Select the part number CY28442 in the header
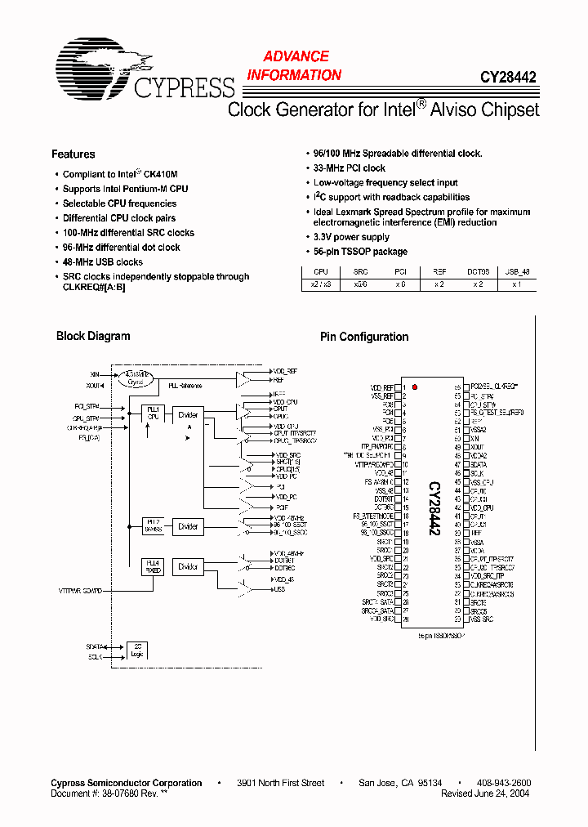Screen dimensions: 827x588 pos(507,78)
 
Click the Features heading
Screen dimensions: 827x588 pos(73,154)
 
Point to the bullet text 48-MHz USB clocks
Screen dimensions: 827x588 pos(102,262)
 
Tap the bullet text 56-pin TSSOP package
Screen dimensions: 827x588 pos(360,252)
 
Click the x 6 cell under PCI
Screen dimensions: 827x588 pos(400,284)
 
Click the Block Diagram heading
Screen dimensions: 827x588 pos(93,336)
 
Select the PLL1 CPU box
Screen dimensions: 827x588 pos(152,413)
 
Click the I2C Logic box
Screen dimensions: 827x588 pos(136,650)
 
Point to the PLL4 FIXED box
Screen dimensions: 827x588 pos(152,566)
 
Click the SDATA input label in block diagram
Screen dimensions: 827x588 pos(95,646)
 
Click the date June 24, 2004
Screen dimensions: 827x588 pos(503,793)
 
